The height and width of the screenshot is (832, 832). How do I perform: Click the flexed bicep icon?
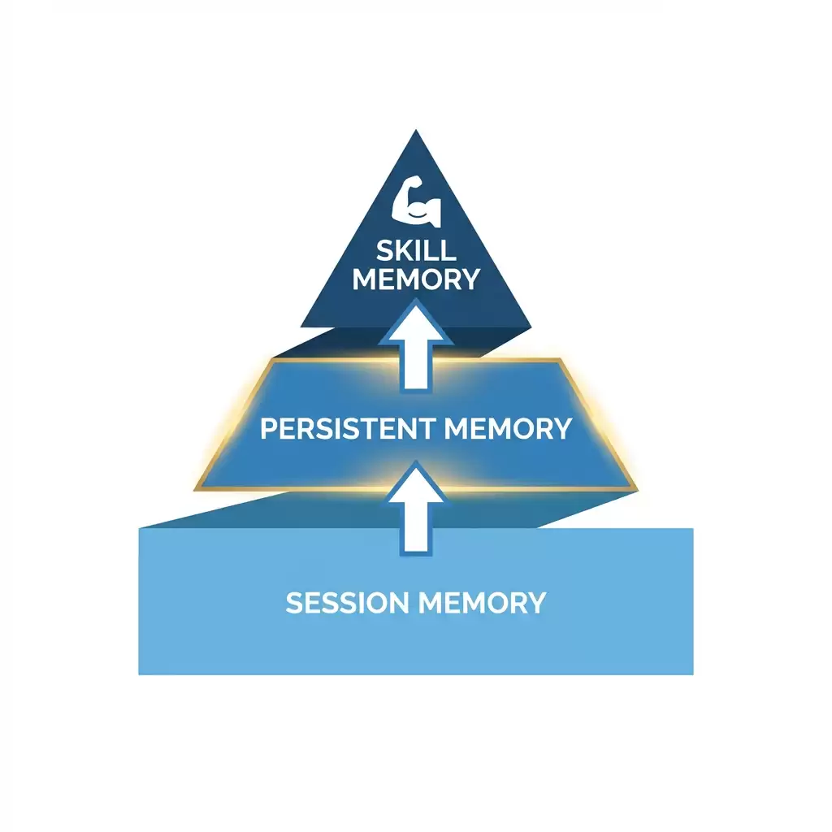tap(416, 201)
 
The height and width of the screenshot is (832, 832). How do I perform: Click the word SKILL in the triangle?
tap(417, 250)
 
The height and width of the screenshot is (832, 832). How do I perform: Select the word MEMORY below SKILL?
tap(416, 279)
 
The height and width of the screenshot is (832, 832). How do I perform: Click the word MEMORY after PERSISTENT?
tap(508, 429)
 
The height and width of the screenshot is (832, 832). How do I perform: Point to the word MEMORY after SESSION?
tap(483, 603)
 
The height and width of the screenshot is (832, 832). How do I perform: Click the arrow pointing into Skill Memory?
tap(416, 344)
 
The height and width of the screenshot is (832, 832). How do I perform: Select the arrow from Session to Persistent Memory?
tap(416, 509)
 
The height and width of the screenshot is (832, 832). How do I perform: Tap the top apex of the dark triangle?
tap(416, 129)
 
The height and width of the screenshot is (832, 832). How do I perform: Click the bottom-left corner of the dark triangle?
tap(301, 327)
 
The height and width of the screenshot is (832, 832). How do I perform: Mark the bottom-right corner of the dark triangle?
tap(531, 327)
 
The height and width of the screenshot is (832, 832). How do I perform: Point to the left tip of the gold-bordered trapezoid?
tap(195, 490)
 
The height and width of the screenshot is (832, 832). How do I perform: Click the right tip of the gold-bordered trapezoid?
tap(637, 490)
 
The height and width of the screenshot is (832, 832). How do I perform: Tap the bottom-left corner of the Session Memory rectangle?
tap(139, 674)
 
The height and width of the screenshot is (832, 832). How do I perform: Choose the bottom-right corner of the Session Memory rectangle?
tap(693, 674)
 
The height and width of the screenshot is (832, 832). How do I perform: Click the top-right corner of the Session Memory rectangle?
tap(693, 528)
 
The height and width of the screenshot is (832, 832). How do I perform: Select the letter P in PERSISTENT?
tap(269, 429)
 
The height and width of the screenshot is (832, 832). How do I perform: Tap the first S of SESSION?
tap(294, 603)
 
